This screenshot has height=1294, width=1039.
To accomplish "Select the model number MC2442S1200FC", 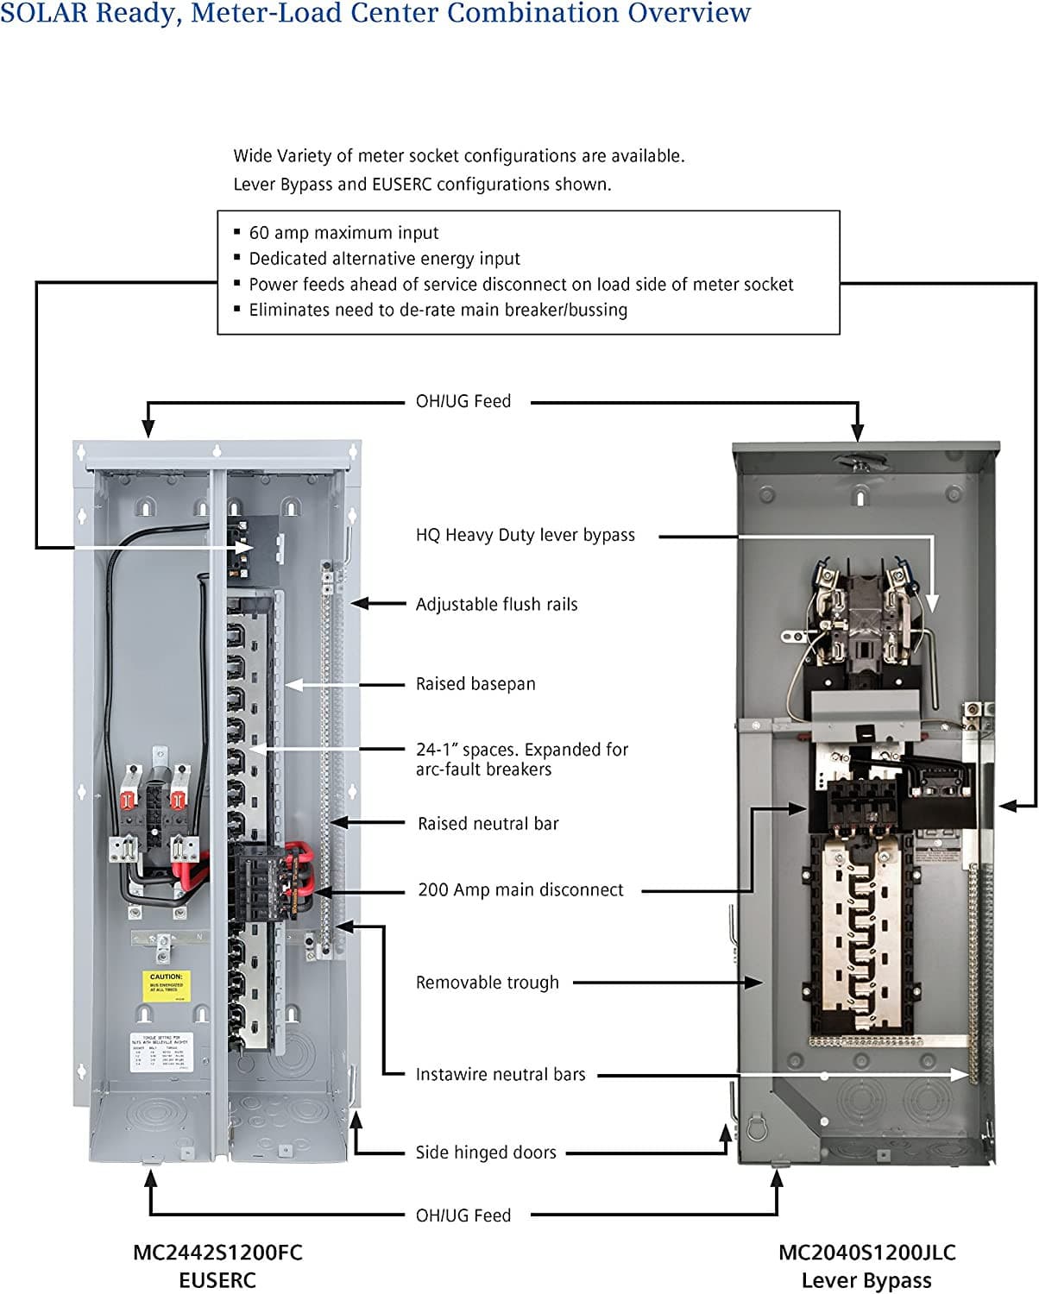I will coord(217,1253).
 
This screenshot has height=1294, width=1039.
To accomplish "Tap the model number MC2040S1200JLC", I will coord(866,1253).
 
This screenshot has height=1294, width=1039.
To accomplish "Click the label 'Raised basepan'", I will coord(475,684).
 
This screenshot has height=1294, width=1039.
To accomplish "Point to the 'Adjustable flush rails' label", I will coord(496,605).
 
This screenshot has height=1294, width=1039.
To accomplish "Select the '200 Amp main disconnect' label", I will coord(520,890).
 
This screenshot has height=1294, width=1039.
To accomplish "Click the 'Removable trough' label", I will coord(487,983).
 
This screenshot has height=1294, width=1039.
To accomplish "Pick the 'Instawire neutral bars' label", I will coord(500,1075).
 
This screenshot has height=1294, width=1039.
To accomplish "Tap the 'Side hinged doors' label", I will coord(485,1153).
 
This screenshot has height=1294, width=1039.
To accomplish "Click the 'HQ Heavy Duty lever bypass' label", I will coord(525,535).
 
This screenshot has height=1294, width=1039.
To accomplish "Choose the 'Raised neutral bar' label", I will coord(488,824).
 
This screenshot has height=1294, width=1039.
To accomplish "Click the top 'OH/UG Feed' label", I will coord(463,401).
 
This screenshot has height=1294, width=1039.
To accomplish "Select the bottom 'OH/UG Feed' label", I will coord(463,1215).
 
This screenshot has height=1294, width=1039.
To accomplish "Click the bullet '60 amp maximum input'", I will coord(343,233).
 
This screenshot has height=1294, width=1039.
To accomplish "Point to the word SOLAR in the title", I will coord(43,14).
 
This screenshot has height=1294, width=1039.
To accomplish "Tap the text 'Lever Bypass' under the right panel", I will coord(866,1280).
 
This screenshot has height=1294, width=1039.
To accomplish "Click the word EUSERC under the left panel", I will coord(217,1280).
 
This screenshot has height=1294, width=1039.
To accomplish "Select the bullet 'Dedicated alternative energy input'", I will coord(384,259).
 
